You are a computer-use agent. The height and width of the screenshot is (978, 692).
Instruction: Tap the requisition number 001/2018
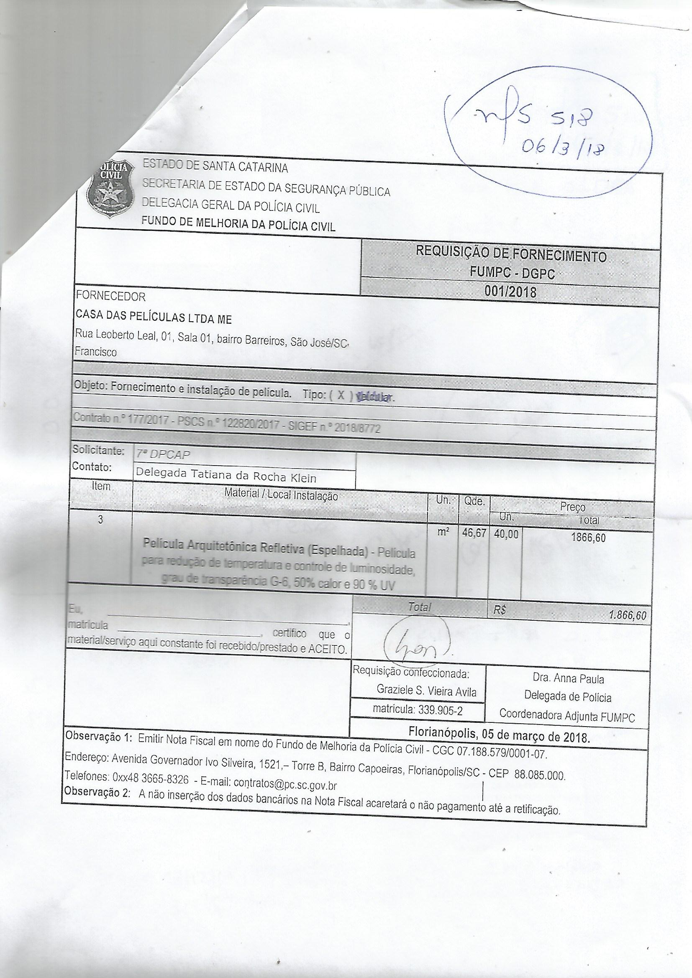[x=510, y=292]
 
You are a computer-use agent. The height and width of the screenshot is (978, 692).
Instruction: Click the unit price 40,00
[x=506, y=535]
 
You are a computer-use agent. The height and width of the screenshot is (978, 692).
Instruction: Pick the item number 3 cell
[x=100, y=520]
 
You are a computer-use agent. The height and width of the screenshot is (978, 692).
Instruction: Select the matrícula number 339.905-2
[x=418, y=709]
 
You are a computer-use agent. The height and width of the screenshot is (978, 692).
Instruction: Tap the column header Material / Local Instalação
[x=281, y=495]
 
